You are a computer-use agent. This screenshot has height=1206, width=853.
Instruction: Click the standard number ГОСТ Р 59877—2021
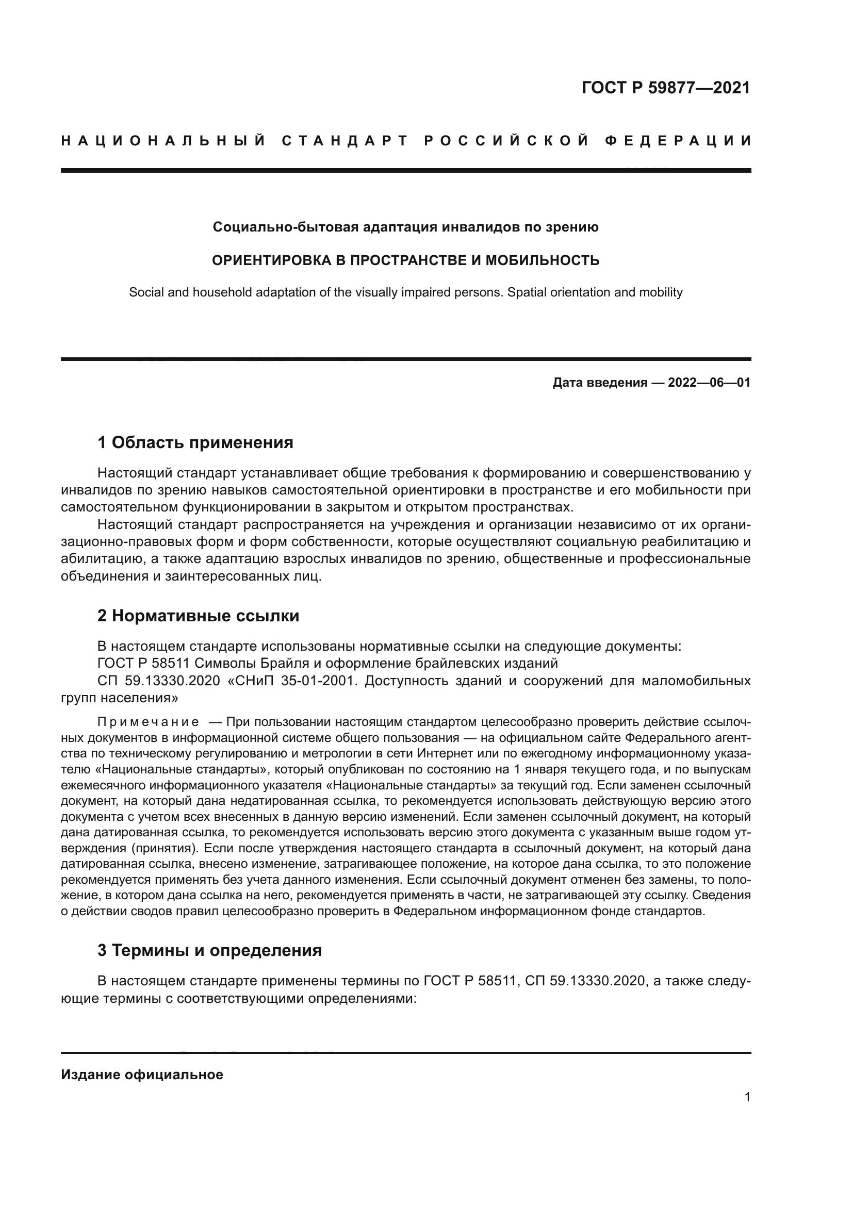pos(665,88)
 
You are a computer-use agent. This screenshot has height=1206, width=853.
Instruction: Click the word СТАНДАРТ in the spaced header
pos(345,141)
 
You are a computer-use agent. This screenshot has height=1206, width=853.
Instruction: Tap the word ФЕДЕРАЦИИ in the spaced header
pos(678,141)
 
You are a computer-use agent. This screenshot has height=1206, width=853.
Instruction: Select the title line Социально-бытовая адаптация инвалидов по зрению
pos(405,227)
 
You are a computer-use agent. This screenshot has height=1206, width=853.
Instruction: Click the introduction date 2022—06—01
pos(709,383)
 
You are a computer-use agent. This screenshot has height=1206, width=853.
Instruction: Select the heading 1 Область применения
pos(195,442)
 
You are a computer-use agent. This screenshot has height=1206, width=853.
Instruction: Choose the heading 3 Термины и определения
pos(209,950)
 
